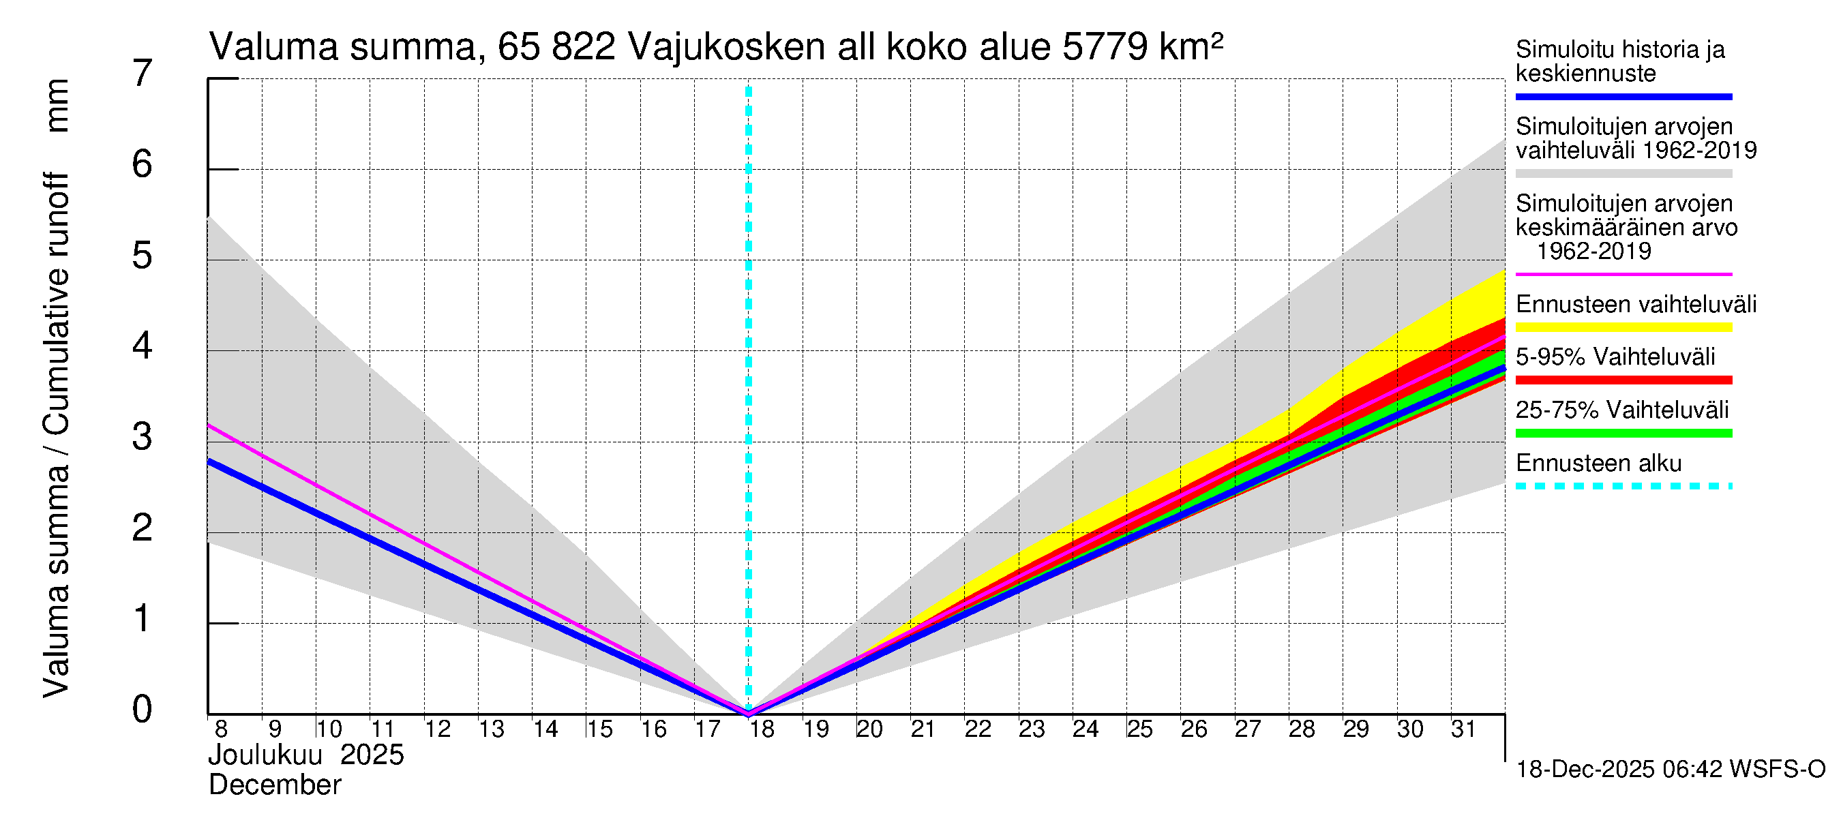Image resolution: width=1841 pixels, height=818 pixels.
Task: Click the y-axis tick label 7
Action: click(x=143, y=74)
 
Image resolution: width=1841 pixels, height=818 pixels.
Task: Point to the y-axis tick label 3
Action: click(x=143, y=436)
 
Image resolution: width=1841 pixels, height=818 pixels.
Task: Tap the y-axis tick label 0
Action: click(x=143, y=709)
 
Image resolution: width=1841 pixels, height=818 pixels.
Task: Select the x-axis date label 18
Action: click(x=762, y=729)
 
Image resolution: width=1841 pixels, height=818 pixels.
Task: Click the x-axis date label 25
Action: click(x=1139, y=729)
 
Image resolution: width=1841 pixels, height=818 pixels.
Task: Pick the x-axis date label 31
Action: click(x=1463, y=729)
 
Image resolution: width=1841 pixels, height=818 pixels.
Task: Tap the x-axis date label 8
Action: click(x=221, y=729)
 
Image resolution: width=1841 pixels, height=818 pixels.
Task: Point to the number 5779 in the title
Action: click(x=1105, y=47)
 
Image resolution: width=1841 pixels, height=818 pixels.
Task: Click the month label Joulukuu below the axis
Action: click(x=265, y=755)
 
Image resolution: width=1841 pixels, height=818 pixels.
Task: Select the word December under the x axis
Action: click(x=275, y=785)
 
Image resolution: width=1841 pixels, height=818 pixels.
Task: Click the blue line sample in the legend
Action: click(x=1623, y=96)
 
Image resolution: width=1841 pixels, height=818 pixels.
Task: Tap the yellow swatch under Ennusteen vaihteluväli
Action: click(x=1623, y=327)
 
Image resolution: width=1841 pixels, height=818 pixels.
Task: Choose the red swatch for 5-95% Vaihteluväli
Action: click(x=1623, y=380)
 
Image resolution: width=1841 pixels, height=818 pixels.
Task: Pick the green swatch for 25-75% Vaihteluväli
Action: click(x=1623, y=433)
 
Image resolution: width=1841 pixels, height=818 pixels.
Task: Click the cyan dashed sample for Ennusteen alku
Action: click(x=1623, y=486)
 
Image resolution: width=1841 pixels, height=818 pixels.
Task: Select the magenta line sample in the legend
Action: click(x=1623, y=274)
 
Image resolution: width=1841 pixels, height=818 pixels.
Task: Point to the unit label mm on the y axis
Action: click(x=57, y=106)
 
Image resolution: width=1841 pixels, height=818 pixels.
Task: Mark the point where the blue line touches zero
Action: click(x=748, y=712)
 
